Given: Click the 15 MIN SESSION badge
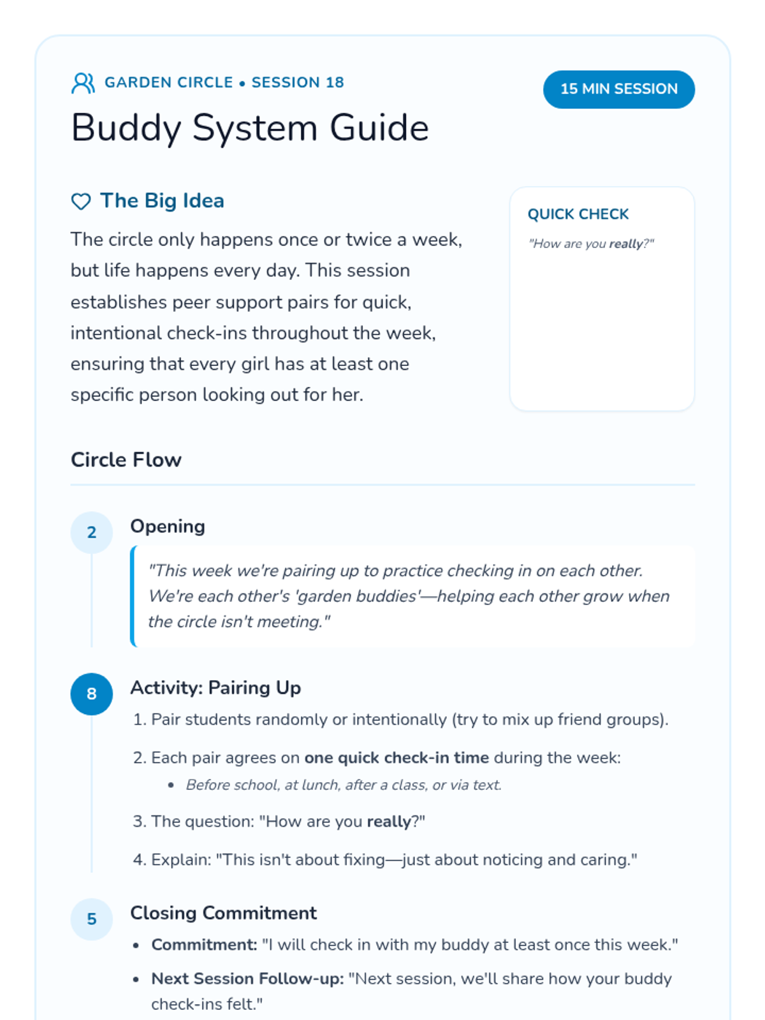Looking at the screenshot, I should click(618, 89).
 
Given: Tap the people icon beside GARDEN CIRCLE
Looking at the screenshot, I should click(83, 83).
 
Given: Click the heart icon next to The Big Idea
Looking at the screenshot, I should click(81, 201).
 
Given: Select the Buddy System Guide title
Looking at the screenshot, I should click(250, 127).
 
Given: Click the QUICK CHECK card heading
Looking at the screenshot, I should click(578, 214).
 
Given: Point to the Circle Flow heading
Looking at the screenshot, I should click(126, 460).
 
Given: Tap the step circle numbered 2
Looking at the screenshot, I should click(92, 532).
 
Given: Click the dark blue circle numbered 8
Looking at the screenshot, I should click(92, 694).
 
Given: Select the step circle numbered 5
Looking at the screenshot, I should click(92, 919).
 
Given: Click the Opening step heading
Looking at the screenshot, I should click(168, 527).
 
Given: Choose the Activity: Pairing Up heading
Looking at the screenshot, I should click(215, 688).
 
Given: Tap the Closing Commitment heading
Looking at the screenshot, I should click(223, 913).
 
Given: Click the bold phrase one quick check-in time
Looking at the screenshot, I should click(397, 758).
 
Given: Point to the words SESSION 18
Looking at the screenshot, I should click(298, 83).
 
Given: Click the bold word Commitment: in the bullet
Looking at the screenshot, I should click(204, 945).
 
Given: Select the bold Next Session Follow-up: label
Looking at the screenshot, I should click(247, 979).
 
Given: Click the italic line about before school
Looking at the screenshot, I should click(344, 785).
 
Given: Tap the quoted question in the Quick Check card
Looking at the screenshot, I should click(591, 244).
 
